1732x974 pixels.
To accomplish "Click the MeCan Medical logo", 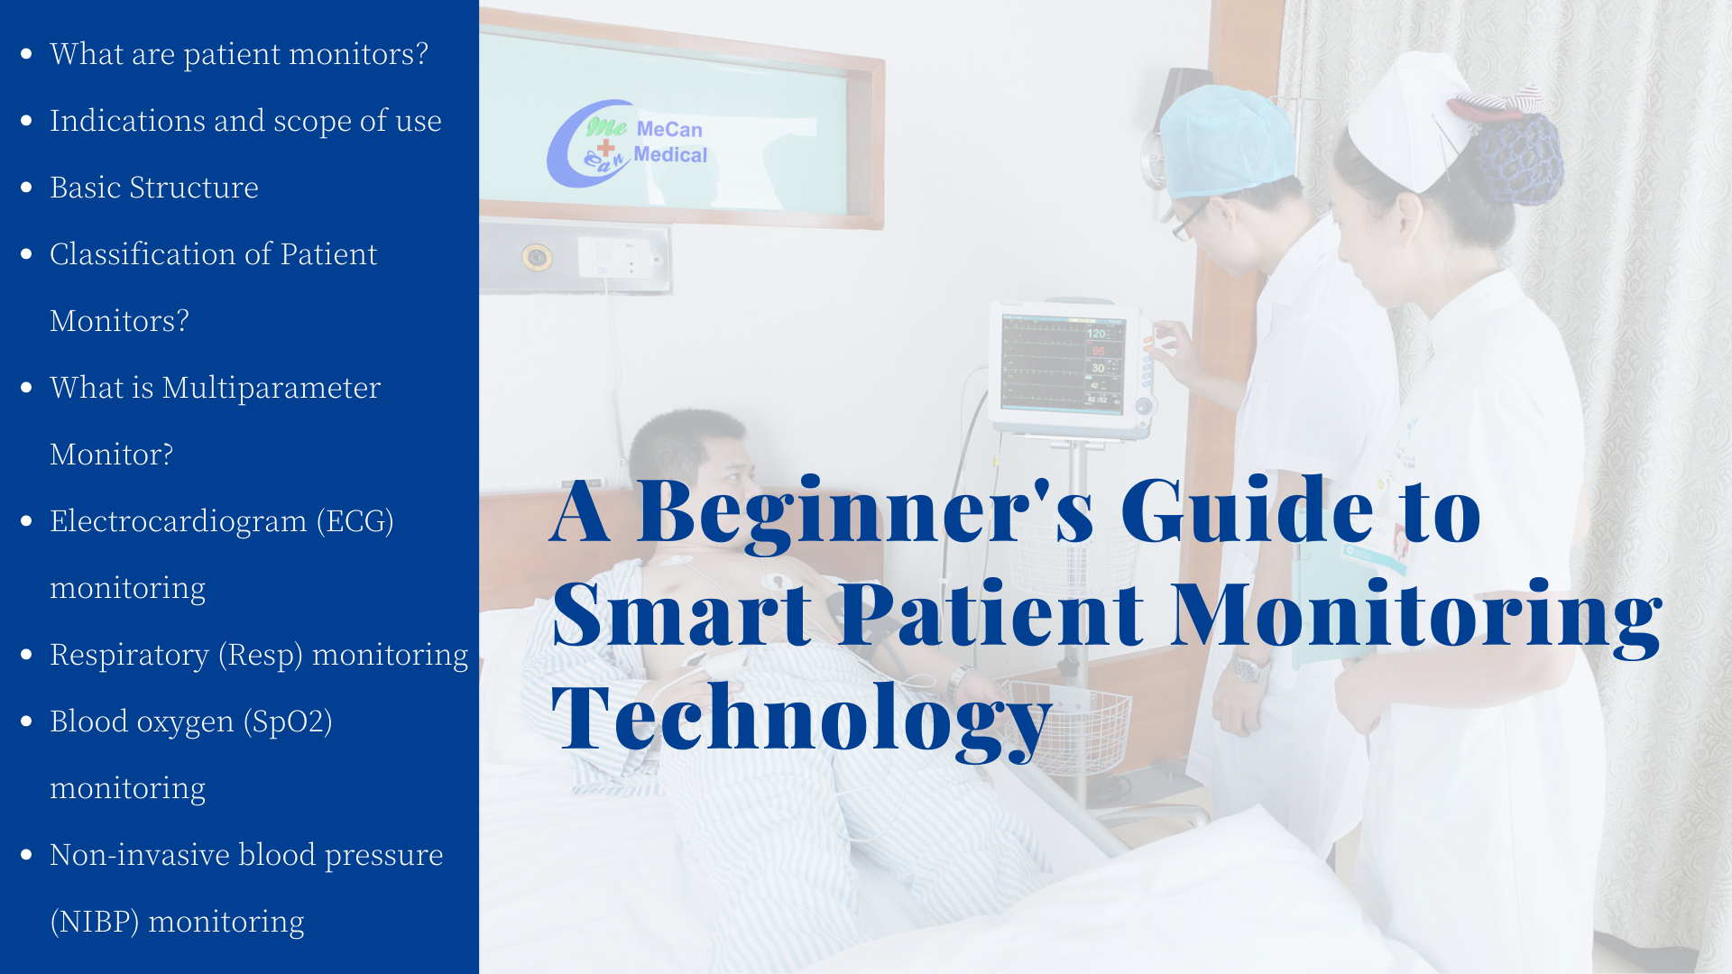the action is [x=628, y=143].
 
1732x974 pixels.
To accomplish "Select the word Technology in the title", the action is [x=801, y=719].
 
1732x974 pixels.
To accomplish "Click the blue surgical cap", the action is [x=1226, y=141].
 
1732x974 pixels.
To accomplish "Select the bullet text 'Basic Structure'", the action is [x=154, y=188].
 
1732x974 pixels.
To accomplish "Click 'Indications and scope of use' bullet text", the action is [x=245, y=121].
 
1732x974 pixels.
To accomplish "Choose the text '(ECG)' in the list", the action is [x=355, y=521].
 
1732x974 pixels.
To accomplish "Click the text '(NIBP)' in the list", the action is [x=95, y=922].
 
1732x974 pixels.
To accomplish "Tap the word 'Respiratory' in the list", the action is [x=129, y=656].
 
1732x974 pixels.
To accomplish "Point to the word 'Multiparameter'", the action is [x=272, y=389].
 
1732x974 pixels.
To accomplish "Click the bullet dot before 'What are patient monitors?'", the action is [x=26, y=54].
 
